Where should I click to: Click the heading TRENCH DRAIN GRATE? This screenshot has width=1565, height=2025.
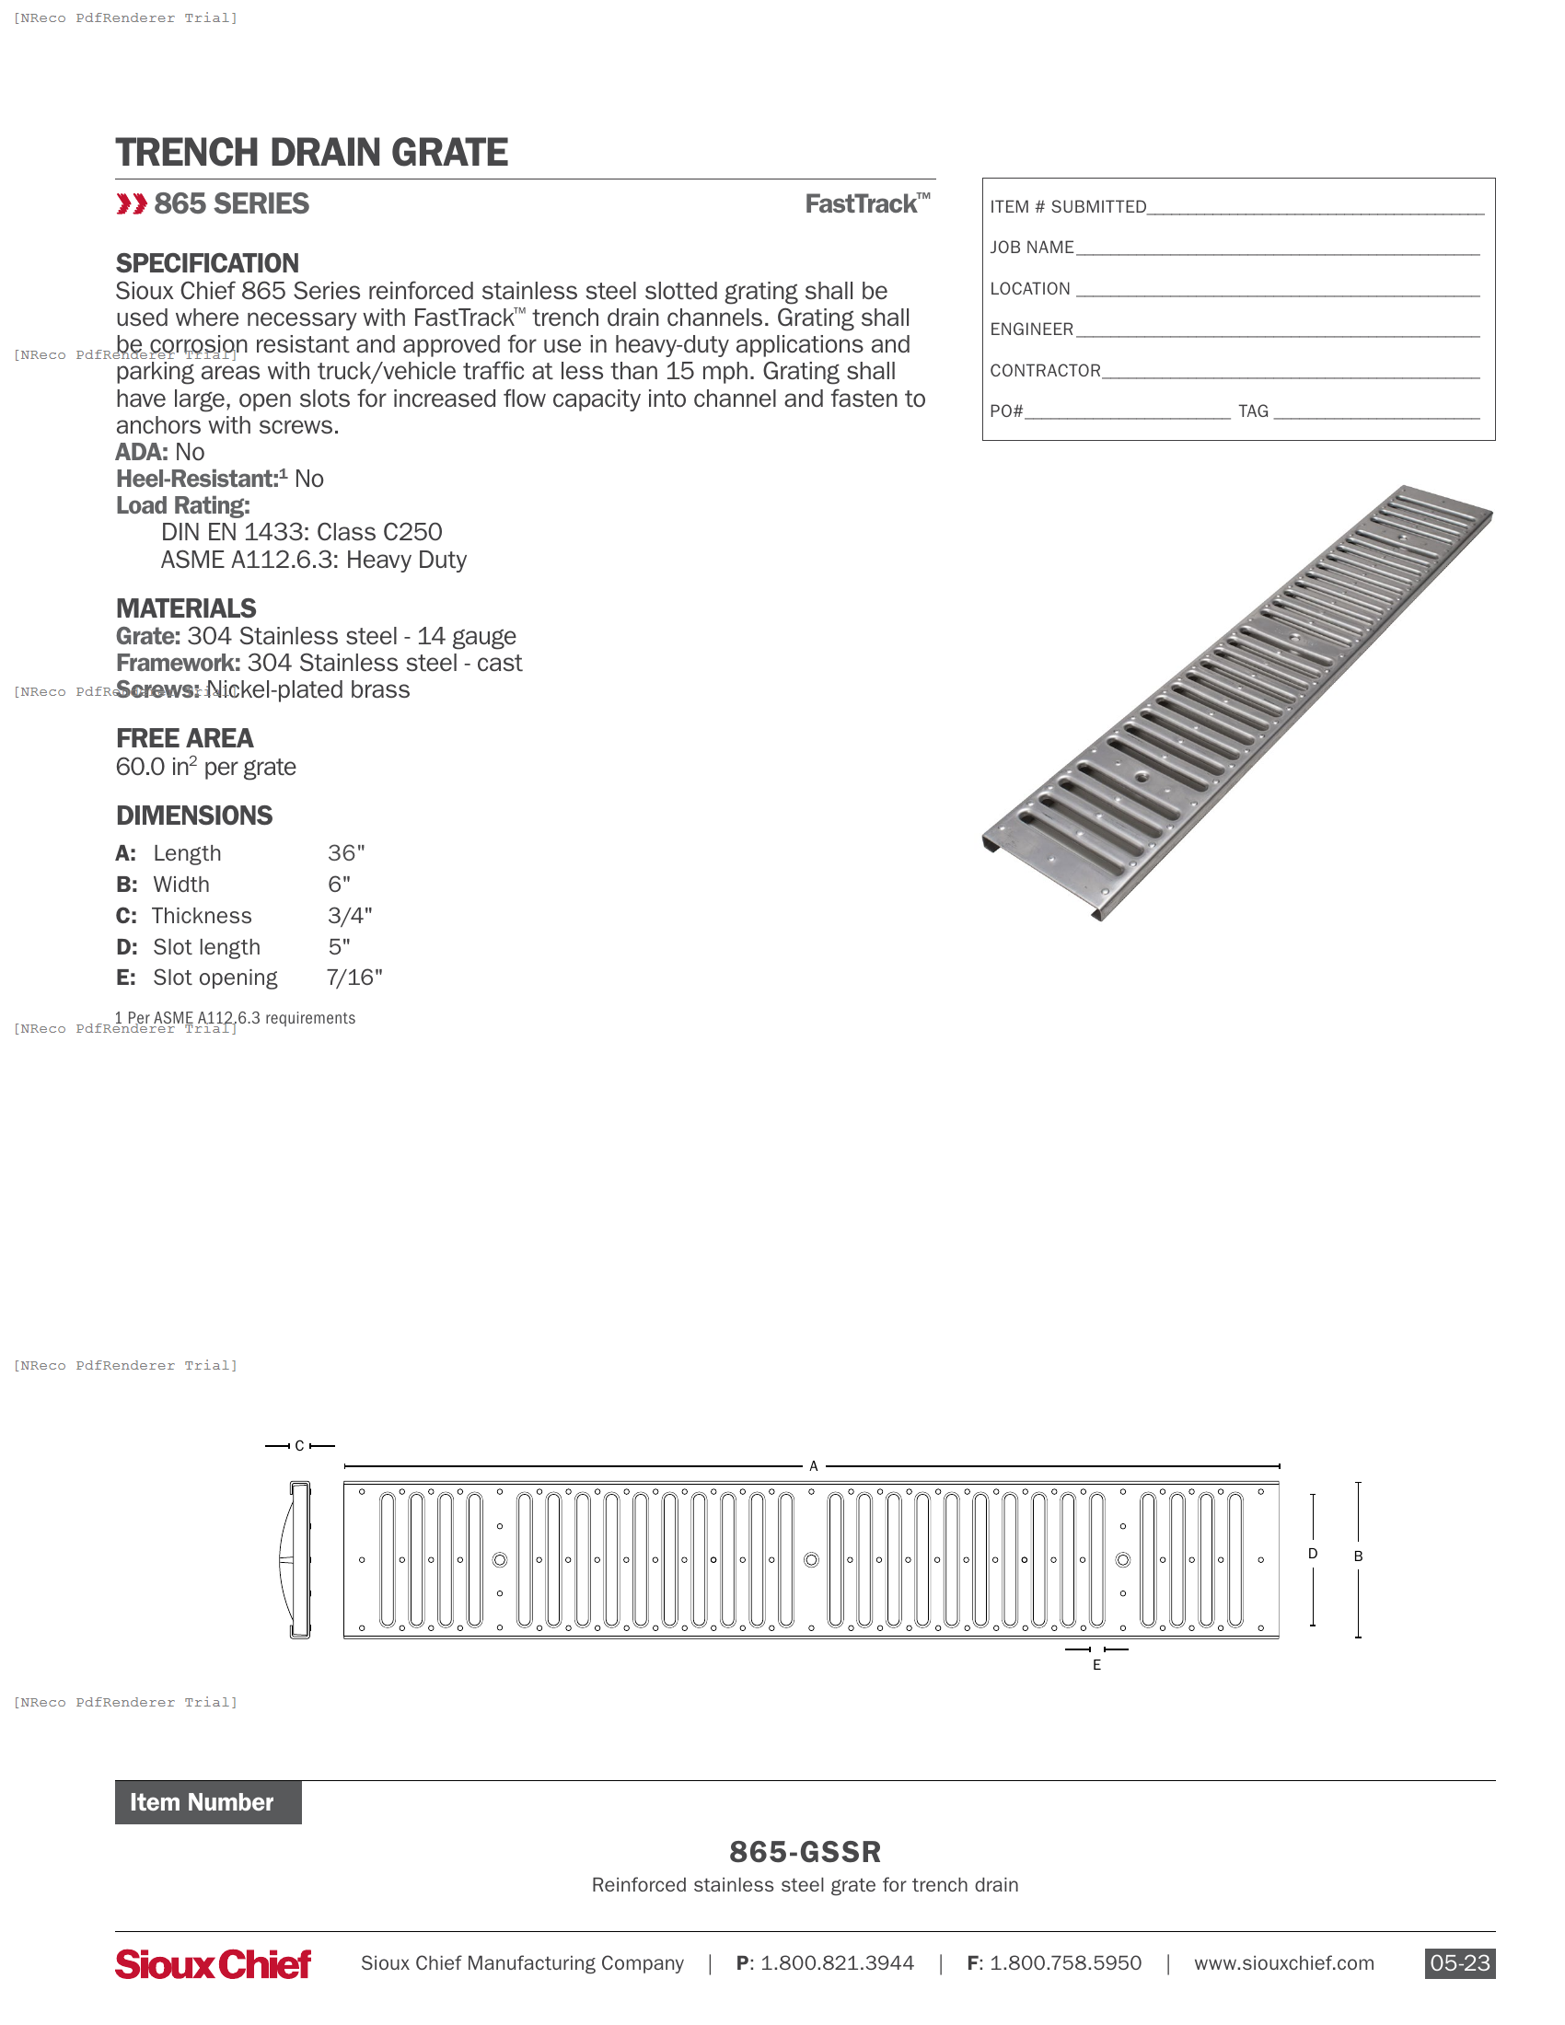(310, 153)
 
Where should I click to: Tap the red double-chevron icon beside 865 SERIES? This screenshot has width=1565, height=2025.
(132, 204)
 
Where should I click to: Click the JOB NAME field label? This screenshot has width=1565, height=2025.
(1031, 248)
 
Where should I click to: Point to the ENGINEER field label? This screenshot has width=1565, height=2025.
(1031, 330)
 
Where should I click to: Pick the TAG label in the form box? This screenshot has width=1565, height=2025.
(1253, 411)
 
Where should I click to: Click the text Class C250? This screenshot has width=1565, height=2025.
(379, 532)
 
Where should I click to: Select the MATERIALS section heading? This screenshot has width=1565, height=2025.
(185, 608)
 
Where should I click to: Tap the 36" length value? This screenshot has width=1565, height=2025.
(346, 853)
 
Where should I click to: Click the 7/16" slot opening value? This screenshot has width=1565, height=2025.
(354, 978)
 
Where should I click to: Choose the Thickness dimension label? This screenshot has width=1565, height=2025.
(202, 916)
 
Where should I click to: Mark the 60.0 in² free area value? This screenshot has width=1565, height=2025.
(206, 767)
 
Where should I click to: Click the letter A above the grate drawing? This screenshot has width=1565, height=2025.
(813, 1466)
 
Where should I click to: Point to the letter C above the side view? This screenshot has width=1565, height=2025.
(299, 1445)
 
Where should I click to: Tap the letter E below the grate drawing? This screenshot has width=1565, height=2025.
(1095, 1665)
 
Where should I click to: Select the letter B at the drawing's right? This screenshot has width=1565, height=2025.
(1357, 1556)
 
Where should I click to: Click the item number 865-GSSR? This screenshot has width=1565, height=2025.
(805, 1852)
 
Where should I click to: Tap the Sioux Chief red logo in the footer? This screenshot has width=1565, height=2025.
(214, 1964)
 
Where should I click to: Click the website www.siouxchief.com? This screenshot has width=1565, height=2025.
(1283, 1963)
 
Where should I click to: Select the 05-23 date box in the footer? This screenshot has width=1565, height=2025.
(1458, 1963)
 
